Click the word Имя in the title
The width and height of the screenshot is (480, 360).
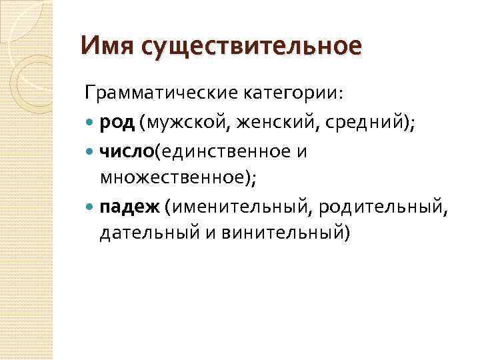tap(103, 47)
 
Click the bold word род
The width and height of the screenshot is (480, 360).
tap(117, 123)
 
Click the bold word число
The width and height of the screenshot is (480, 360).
tap(127, 152)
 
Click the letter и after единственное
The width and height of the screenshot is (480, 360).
tap(301, 153)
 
